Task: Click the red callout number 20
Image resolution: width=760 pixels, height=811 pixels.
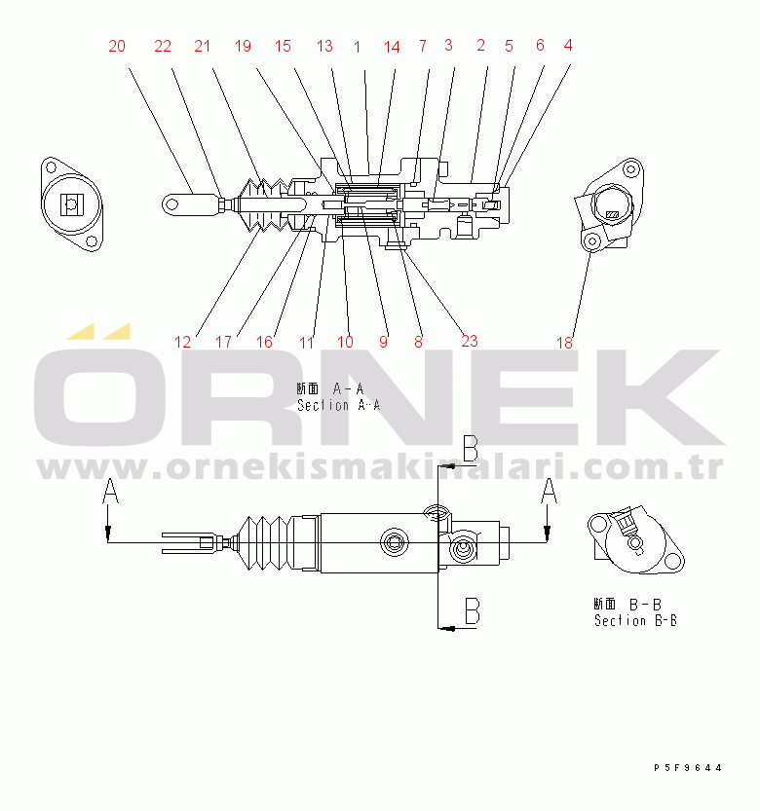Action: click(x=117, y=46)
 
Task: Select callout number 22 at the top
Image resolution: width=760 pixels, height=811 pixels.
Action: click(x=163, y=46)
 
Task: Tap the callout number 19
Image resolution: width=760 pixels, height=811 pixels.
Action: click(x=243, y=46)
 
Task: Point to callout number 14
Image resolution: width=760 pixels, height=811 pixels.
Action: click(x=392, y=46)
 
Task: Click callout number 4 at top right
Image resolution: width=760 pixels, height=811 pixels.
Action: click(x=568, y=44)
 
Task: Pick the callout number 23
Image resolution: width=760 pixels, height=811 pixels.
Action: click(x=470, y=341)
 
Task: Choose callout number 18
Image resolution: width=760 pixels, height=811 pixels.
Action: click(x=565, y=342)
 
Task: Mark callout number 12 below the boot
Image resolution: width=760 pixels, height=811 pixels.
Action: click(x=183, y=342)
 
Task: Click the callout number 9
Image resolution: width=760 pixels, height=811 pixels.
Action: click(x=383, y=342)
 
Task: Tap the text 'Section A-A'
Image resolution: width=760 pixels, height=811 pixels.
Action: click(x=338, y=405)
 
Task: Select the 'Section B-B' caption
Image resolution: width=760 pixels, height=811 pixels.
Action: click(x=635, y=620)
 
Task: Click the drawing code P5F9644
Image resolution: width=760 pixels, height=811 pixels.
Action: click(x=688, y=768)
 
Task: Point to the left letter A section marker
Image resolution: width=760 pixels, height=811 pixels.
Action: click(x=110, y=492)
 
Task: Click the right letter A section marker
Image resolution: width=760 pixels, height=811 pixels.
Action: click(x=550, y=490)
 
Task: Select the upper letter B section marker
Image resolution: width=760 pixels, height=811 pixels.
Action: click(x=470, y=448)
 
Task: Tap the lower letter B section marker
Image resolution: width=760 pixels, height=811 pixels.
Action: click(x=471, y=610)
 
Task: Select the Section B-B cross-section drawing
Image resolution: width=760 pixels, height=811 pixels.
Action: click(x=633, y=540)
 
